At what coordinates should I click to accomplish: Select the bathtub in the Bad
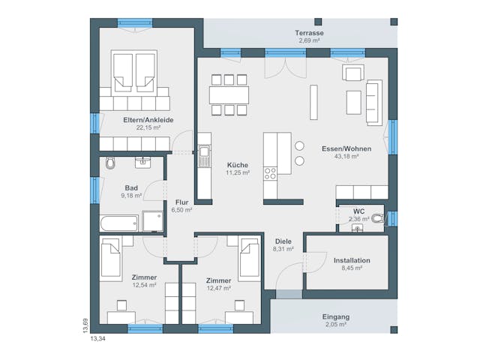(x=119, y=222)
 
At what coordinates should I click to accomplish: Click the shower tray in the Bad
(x=152, y=221)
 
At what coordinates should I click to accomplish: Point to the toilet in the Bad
(x=111, y=163)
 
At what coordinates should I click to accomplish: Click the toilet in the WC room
(x=377, y=219)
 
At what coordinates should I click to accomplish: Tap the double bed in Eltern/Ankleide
(x=135, y=71)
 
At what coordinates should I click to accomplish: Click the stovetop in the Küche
(x=270, y=173)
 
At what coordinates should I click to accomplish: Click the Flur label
(x=181, y=202)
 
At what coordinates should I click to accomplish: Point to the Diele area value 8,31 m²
(x=283, y=248)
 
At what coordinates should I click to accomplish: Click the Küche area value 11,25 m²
(x=237, y=172)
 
